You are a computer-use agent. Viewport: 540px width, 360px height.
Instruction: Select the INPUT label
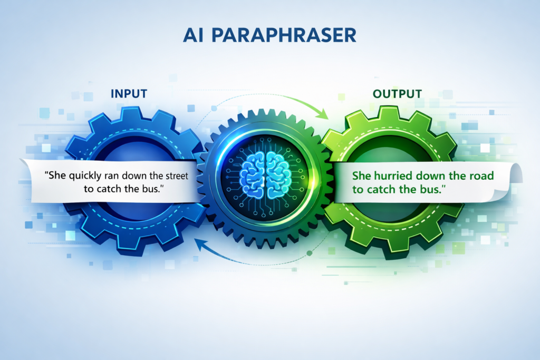(129, 94)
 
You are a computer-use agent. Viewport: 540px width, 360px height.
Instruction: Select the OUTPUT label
(397, 94)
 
